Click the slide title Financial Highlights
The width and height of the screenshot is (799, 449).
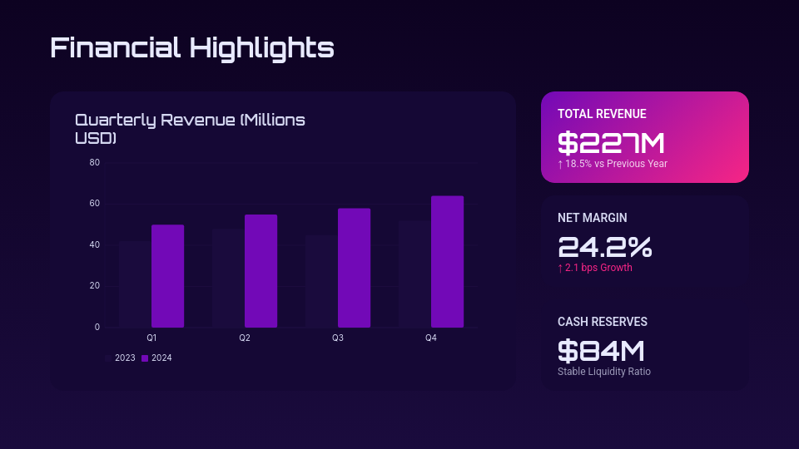[x=192, y=47]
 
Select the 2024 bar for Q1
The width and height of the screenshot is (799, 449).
[x=167, y=276]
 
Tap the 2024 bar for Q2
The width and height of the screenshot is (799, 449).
[x=261, y=271]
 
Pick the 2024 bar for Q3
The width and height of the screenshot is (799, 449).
[x=354, y=268]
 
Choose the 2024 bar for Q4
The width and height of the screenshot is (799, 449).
[x=447, y=262]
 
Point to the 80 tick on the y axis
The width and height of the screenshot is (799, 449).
[x=95, y=163]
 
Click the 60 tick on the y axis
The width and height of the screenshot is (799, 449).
[x=95, y=204]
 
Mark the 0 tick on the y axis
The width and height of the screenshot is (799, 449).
[x=97, y=328]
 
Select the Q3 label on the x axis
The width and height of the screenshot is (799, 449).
[x=338, y=338]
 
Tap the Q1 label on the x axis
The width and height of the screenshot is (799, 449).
[x=151, y=338]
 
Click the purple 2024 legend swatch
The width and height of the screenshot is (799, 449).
[x=145, y=358]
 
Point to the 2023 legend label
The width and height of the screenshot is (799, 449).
[x=125, y=358]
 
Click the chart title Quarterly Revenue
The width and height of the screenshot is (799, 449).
[x=190, y=129]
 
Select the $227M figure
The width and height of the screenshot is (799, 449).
[x=611, y=143]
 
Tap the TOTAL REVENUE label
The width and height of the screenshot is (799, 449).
[x=602, y=114]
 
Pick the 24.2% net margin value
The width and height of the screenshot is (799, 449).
[x=604, y=247]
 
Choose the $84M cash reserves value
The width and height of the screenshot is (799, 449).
[x=601, y=351]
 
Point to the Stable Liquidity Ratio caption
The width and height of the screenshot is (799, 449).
[x=604, y=372]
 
